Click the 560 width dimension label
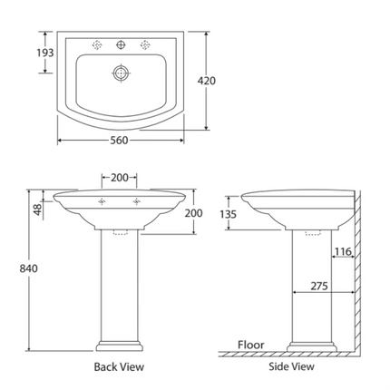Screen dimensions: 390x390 (119, 141)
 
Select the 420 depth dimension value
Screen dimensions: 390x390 (206, 81)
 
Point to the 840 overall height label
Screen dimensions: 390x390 (17, 268)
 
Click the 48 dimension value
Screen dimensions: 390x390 (36, 208)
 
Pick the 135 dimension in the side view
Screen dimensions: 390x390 (230, 214)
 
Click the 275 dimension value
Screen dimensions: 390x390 (318, 285)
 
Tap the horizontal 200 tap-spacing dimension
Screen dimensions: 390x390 (119, 178)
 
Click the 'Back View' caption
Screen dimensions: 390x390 (119, 367)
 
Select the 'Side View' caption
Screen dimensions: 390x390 (292, 367)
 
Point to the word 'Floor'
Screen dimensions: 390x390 (250, 345)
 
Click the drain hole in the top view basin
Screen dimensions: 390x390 (120, 73)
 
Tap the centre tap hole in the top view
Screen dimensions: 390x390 (120, 44)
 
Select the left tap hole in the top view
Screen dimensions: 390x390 (96, 44)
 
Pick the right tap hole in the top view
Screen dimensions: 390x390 (143, 44)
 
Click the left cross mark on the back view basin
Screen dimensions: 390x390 (102, 201)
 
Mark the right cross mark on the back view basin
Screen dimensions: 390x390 (137, 201)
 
